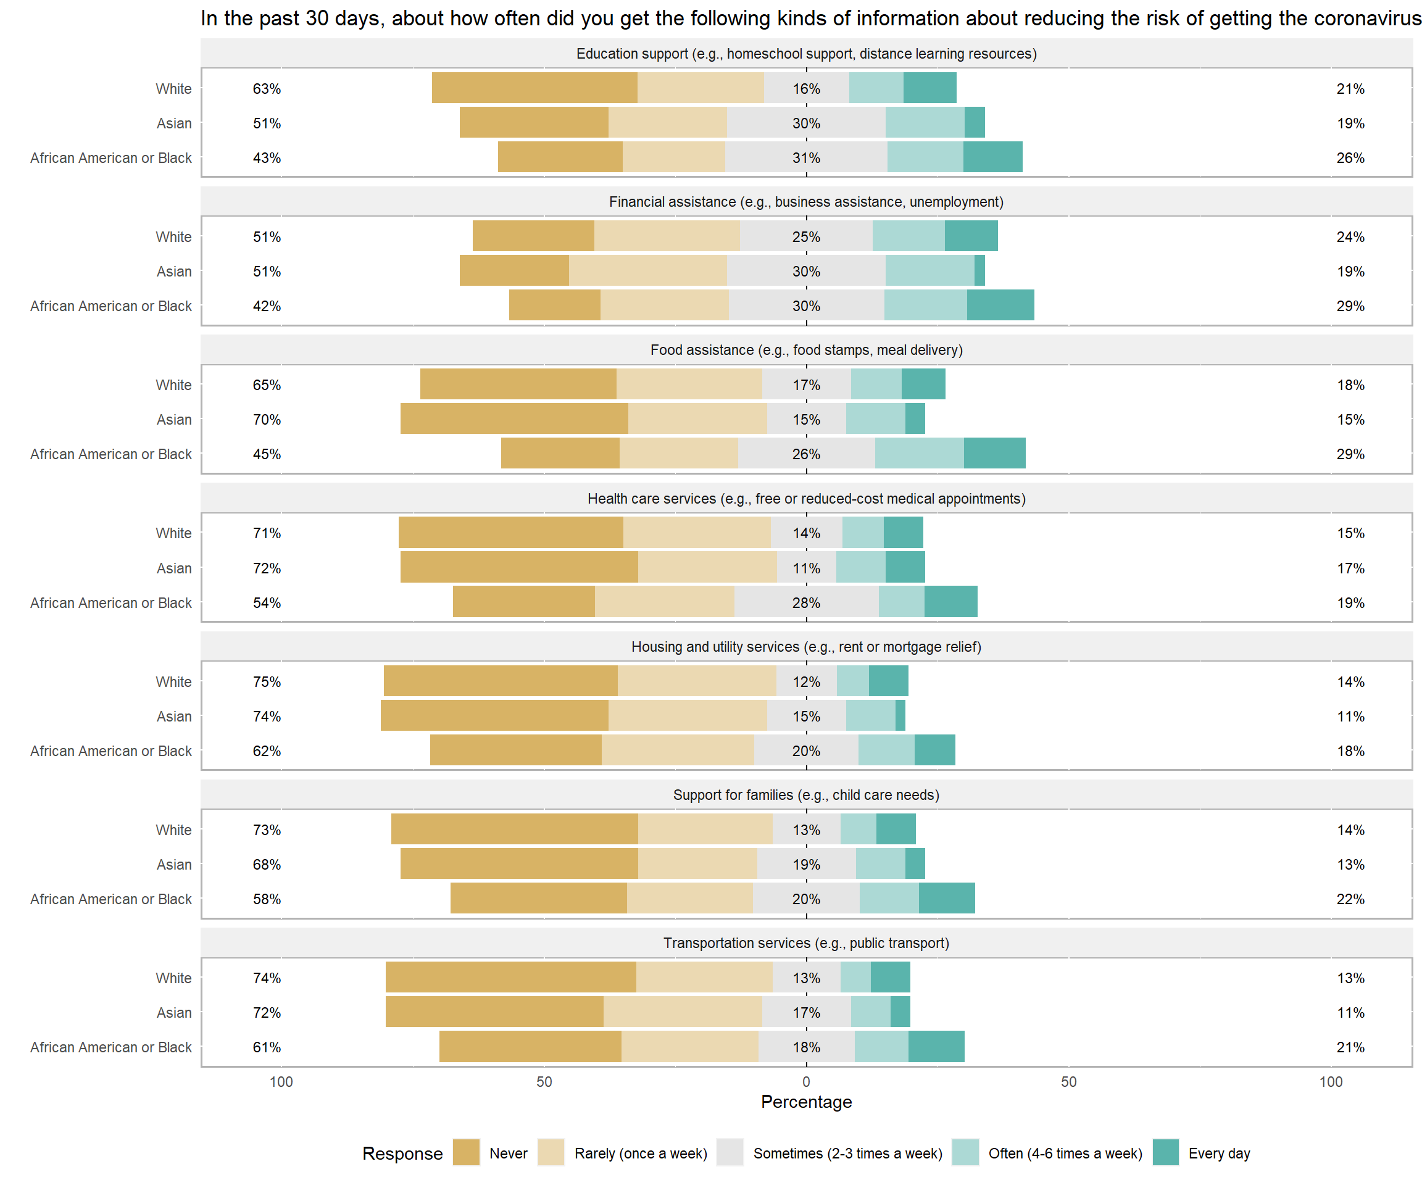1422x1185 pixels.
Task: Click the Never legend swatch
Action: [x=466, y=1152]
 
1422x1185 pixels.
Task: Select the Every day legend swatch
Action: [x=1165, y=1152]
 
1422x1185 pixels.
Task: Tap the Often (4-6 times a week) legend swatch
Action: [x=965, y=1152]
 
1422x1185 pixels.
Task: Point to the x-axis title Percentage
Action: [x=806, y=1102]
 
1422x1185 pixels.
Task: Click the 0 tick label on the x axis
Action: [x=806, y=1081]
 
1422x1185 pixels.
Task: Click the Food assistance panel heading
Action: [x=806, y=350]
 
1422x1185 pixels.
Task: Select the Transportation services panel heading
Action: [x=806, y=943]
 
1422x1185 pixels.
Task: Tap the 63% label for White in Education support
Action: [x=267, y=89]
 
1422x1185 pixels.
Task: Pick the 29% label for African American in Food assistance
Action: [x=1350, y=454]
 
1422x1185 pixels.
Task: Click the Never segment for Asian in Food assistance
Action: [x=514, y=418]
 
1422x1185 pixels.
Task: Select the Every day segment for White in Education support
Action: [x=929, y=88]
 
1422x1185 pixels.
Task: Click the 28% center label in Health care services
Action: [x=806, y=602]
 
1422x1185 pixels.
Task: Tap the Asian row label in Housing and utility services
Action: [x=174, y=717]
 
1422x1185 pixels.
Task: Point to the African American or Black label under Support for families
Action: [x=111, y=899]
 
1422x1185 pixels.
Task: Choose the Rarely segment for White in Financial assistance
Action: [x=667, y=236]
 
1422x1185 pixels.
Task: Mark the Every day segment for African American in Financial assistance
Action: [x=1000, y=306]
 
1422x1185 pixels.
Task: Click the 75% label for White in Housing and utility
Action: [x=267, y=682]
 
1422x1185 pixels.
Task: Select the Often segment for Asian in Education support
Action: [x=925, y=123]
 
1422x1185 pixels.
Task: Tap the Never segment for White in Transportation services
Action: [x=510, y=977]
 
